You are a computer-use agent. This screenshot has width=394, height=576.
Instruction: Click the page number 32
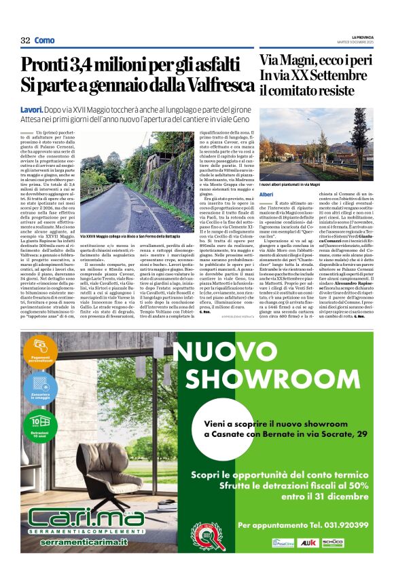tap(26, 40)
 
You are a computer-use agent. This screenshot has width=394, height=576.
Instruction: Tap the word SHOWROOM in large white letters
tap(272, 379)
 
